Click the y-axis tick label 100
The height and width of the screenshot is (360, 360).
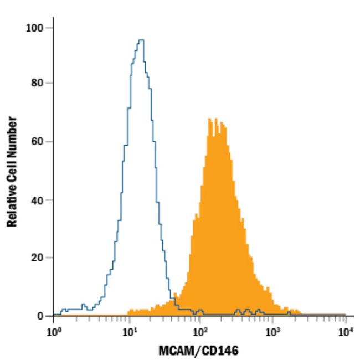36,27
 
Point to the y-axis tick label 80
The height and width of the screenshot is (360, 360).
39,83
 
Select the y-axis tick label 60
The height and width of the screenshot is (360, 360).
39,141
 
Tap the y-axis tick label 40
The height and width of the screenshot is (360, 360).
39,199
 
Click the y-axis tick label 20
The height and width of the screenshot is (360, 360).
39,258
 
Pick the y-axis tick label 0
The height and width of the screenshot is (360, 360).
42,316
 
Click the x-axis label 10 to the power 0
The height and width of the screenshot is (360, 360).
54,333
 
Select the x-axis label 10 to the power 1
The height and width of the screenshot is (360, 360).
130,333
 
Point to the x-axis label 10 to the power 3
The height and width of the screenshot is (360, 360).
272,333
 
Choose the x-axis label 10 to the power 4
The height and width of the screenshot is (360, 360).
345,333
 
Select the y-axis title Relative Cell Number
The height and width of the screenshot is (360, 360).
12,172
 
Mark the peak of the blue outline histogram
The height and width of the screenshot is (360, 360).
141,40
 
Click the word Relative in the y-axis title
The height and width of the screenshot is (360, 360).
12,207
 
